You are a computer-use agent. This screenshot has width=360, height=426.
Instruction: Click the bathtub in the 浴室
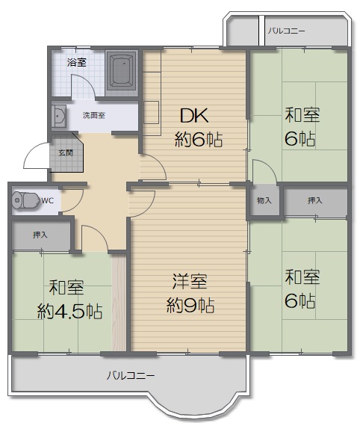click(x=121, y=71)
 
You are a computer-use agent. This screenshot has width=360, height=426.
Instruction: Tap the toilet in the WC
click(x=25, y=200)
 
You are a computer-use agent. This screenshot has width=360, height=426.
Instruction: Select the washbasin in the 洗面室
click(x=59, y=116)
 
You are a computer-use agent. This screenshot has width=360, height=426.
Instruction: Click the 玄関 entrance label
click(x=66, y=152)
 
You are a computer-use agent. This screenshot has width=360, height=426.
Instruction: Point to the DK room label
click(x=194, y=115)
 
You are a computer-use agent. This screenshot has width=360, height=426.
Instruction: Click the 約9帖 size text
click(x=190, y=306)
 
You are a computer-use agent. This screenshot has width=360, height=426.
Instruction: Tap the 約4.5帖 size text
click(x=69, y=312)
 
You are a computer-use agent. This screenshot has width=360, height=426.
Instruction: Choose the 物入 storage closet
click(x=264, y=200)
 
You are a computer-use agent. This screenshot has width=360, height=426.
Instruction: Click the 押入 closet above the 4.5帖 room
click(x=41, y=235)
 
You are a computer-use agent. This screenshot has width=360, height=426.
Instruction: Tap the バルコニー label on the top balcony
click(x=287, y=31)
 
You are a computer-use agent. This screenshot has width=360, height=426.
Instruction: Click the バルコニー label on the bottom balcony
click(x=131, y=375)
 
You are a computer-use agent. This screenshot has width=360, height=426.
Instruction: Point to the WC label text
click(x=48, y=201)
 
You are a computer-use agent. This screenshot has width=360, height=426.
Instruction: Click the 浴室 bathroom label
click(x=77, y=63)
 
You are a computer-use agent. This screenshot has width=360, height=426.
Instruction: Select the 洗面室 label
click(x=94, y=115)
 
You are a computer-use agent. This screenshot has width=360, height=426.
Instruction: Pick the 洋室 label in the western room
click(x=190, y=282)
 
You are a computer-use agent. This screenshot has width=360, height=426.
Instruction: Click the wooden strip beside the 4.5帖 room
click(x=119, y=303)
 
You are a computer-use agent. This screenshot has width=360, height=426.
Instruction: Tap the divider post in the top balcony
click(x=261, y=31)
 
